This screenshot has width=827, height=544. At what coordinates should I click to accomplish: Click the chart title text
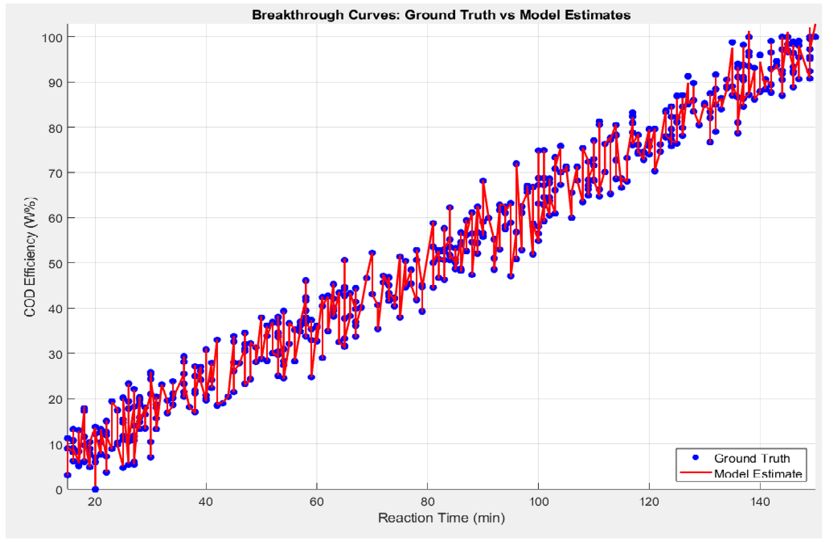[x=441, y=15]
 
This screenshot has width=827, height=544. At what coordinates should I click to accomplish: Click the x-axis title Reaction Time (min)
[x=441, y=518]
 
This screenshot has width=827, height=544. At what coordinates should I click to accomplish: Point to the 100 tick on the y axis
[x=52, y=37]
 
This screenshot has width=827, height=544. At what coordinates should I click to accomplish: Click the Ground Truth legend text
[x=752, y=459]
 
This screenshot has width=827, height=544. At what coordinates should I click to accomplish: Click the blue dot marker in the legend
[x=695, y=458]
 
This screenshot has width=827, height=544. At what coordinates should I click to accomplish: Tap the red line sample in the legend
[x=695, y=472]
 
